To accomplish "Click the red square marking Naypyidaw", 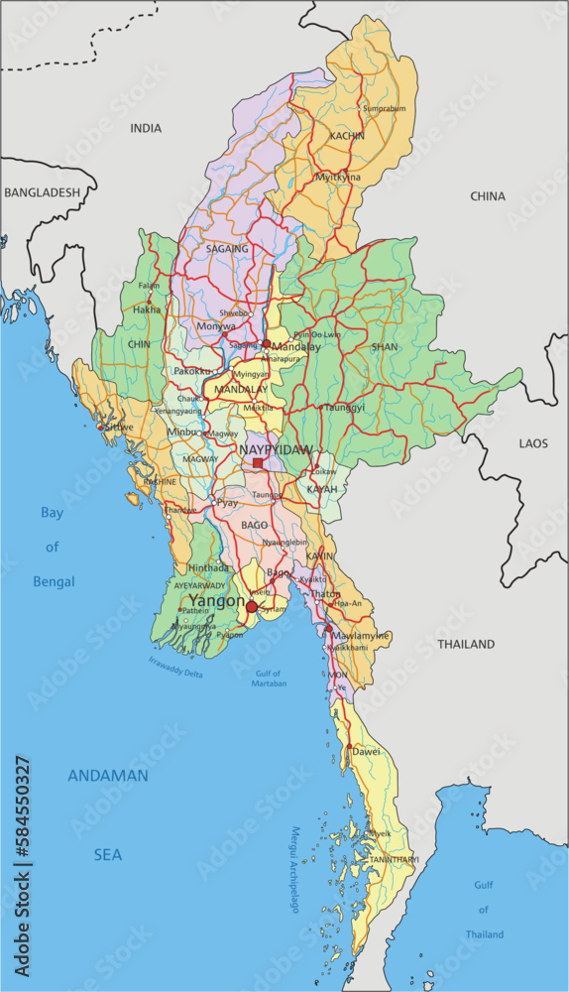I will point(258,462).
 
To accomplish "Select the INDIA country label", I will point(146,128).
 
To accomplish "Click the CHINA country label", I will point(488,196).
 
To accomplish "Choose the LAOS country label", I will point(533,443).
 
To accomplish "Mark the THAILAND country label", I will point(466,644).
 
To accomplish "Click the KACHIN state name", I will point(347,136).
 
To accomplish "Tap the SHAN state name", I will point(384,347).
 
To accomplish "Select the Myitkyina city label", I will point(338,178).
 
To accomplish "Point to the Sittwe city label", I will point(118,427).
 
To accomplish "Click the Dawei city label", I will point(366,752).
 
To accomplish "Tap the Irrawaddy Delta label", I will point(175,667).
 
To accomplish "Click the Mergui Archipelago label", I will point(294,870).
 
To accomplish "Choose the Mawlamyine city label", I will point(361,636).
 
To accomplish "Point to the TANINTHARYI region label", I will point(394,859).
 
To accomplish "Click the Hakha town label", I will point(147,310).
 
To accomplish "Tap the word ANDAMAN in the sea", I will point(108,776).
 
